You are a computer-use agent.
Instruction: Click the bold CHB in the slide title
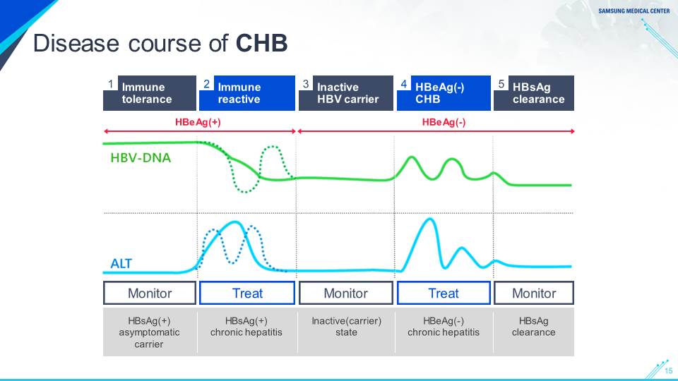pos(261,43)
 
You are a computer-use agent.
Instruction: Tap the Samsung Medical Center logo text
pos(634,11)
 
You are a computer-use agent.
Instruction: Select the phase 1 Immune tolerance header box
pos(150,93)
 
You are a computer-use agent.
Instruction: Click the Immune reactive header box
pos(247,93)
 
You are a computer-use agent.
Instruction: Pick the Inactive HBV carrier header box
pos(346,93)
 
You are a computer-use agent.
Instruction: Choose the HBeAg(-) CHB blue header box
pos(444,93)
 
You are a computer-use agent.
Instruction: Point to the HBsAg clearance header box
pos(534,93)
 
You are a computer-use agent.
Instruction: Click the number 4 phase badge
pos(404,83)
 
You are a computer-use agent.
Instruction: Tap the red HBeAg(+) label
pos(198,122)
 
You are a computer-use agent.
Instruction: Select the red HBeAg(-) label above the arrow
pos(444,122)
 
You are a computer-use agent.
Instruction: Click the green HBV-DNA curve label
pos(141,157)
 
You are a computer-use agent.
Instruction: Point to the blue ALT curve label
pos(121,263)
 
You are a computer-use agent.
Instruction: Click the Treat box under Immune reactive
pos(247,293)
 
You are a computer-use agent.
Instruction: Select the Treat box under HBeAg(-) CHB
pos(444,293)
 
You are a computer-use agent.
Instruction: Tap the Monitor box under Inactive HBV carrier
pos(346,293)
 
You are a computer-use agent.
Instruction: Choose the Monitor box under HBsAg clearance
pos(534,293)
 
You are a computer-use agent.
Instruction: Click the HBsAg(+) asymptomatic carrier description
pos(149,332)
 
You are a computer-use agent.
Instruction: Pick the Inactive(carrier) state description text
pos(346,327)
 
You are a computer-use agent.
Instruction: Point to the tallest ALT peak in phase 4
pos(430,219)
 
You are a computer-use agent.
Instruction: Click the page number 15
pos(669,370)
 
